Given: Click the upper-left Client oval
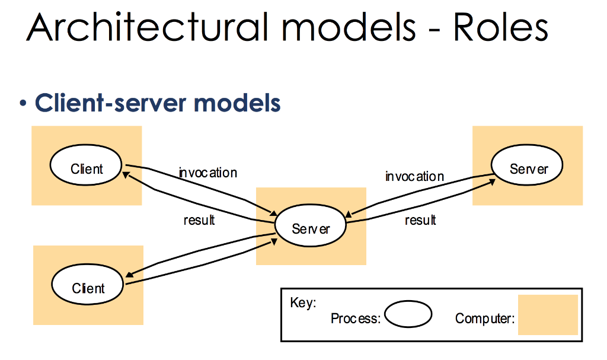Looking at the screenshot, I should pos(87,168).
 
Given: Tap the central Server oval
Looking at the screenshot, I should pos(311,228).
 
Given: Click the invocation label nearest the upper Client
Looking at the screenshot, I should pos(208,173).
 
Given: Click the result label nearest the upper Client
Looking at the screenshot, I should pos(199,220).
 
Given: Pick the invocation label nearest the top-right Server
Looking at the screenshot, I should pos(414,176).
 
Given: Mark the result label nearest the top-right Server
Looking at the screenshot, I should pos(420,220).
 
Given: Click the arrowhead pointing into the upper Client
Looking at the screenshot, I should pos(126,174).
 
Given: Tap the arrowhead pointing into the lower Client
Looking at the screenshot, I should pos(129,273).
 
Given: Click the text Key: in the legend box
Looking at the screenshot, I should pos(303,302).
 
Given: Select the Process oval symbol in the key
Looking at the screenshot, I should pos(408,314).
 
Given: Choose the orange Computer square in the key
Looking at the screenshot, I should pos(548,315).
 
